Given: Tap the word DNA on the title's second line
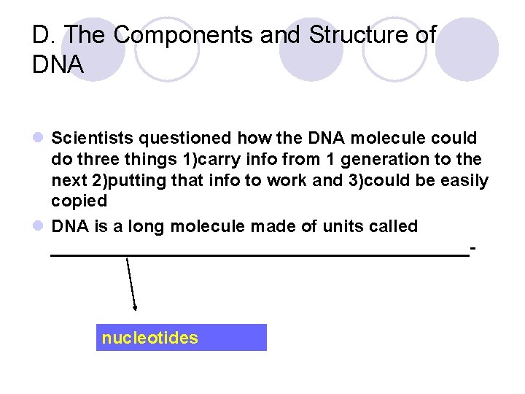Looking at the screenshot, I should [58, 65].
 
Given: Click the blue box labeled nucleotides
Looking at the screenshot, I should [182, 338].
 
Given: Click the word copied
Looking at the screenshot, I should [79, 201].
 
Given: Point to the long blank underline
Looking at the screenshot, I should [259, 255].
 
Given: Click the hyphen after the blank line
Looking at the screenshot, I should [474, 249].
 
